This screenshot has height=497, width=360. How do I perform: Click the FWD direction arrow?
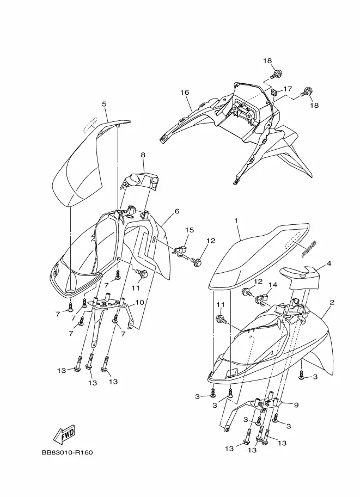(x=64, y=434)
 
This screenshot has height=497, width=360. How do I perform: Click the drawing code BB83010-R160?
(x=66, y=452)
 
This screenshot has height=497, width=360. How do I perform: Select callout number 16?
(x=185, y=93)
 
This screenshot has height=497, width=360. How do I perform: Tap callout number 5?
(x=103, y=103)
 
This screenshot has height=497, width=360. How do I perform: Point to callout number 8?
(x=143, y=155)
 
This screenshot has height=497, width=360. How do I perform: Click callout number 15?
(x=189, y=230)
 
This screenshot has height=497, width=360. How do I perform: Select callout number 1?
(x=236, y=222)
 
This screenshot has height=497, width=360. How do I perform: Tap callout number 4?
(x=329, y=263)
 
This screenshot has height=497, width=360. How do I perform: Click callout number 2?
(x=332, y=302)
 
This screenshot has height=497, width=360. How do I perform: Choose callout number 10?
(x=139, y=302)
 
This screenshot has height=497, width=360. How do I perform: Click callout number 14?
(x=273, y=285)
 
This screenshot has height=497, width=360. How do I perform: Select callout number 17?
(x=288, y=89)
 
